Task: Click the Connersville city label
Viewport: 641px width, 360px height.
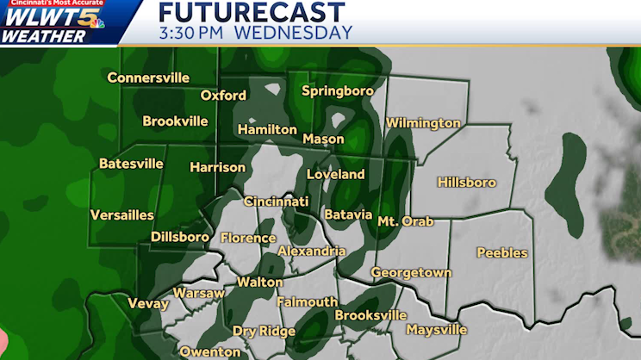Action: [x=148, y=78]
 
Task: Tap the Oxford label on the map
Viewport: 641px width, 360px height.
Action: [x=223, y=96]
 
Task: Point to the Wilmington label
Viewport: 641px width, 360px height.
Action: [x=423, y=123]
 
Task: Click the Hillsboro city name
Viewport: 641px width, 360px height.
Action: [x=466, y=183]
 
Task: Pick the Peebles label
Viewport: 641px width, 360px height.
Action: [x=503, y=253]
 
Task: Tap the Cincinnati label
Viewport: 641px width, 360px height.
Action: [x=276, y=202]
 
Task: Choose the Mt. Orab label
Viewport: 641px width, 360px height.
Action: [x=406, y=221]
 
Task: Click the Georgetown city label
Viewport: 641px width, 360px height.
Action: [x=411, y=272]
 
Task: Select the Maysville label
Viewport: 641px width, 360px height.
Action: [x=436, y=330]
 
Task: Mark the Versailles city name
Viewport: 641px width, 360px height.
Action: [x=122, y=214]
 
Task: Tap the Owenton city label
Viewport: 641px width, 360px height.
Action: [x=210, y=351]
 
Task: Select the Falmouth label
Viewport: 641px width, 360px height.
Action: [x=308, y=302]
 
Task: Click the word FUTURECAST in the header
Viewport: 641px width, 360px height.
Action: [x=252, y=13]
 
